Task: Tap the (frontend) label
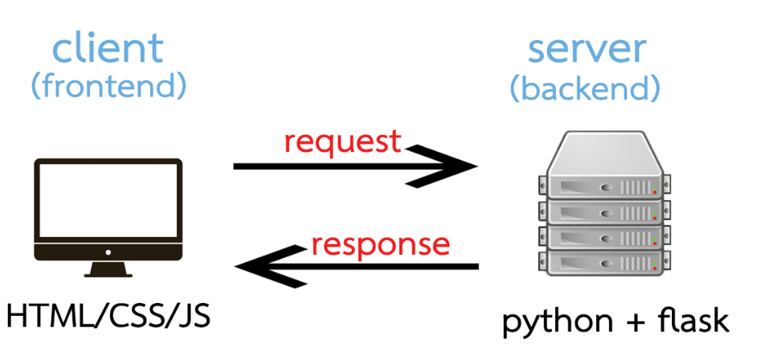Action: click(108, 87)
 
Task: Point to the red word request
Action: click(342, 141)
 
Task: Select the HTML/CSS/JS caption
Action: click(108, 316)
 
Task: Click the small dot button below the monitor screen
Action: click(108, 252)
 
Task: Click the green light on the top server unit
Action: click(654, 189)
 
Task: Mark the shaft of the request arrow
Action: click(321, 166)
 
